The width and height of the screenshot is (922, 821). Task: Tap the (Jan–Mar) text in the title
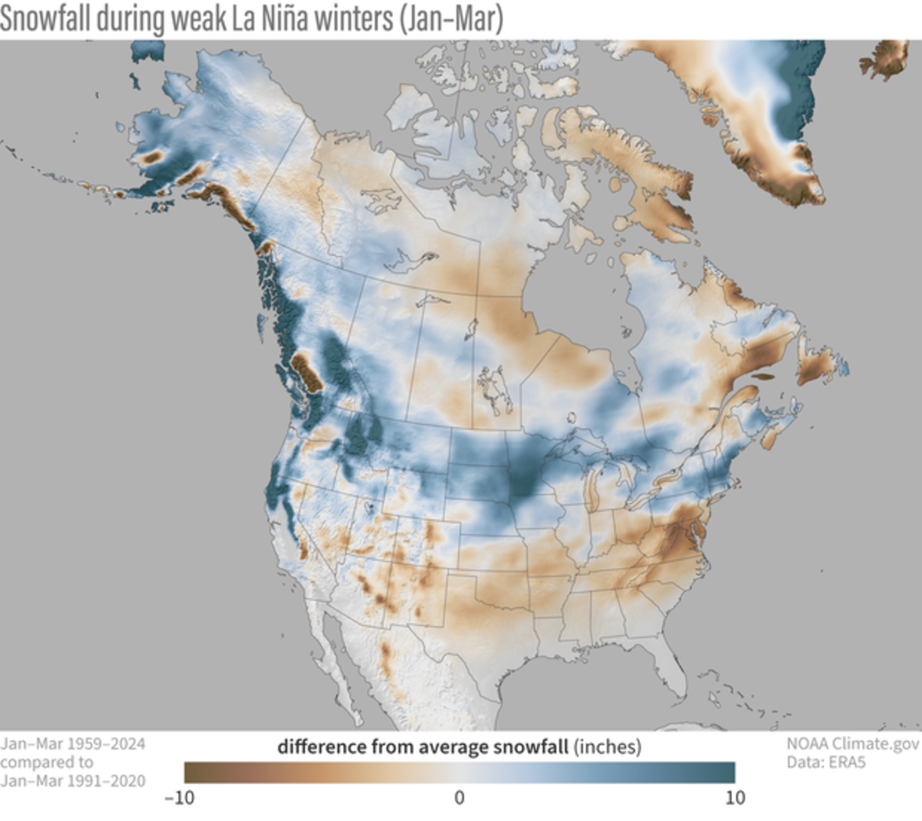click(x=450, y=18)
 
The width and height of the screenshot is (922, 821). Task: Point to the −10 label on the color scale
click(x=179, y=798)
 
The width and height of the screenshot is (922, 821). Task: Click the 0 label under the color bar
click(x=459, y=798)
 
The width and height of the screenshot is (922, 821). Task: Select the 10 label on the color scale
click(x=735, y=798)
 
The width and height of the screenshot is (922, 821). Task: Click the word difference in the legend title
click(x=322, y=746)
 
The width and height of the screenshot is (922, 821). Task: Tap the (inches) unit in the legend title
click(x=607, y=746)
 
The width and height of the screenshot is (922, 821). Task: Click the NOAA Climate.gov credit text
click(x=852, y=744)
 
